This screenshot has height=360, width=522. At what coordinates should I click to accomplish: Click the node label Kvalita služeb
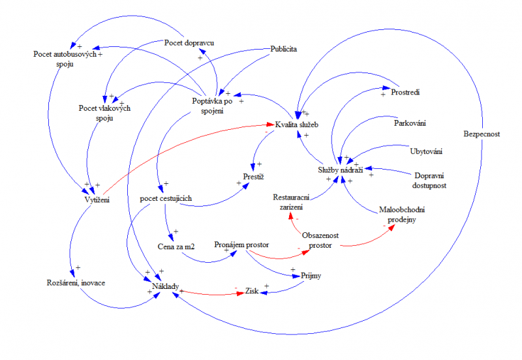(x=297, y=123)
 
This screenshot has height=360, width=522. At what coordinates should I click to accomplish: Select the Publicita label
(x=284, y=49)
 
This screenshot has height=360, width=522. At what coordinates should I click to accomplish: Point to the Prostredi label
(x=405, y=92)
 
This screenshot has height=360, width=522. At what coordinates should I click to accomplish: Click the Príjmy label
(x=312, y=276)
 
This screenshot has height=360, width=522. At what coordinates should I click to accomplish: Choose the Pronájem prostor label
(x=241, y=245)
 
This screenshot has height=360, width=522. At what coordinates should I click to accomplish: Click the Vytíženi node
(x=97, y=200)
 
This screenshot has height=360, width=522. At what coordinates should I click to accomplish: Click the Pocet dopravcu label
(x=189, y=43)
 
